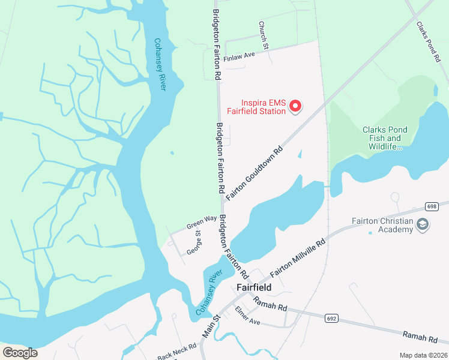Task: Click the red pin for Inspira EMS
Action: click(295, 106)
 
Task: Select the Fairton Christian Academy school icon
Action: click(423, 225)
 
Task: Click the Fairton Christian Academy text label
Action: click(384, 226)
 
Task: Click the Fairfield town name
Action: click(254, 287)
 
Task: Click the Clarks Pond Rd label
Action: click(428, 41)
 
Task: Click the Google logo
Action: click(20, 353)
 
